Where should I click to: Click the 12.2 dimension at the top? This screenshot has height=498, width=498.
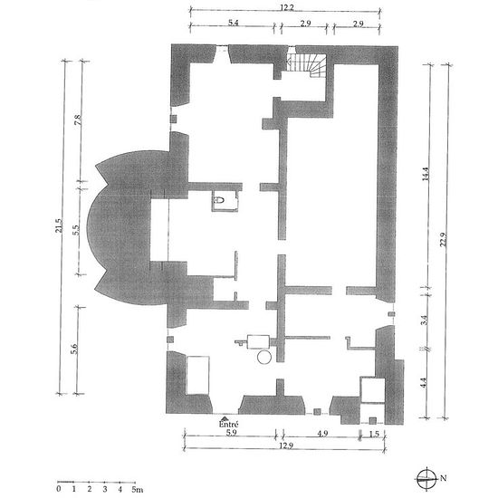[286, 7]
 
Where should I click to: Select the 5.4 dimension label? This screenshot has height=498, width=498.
[234, 23]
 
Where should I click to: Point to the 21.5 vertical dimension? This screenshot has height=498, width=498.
[59, 225]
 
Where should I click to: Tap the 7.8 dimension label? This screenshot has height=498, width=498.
[78, 120]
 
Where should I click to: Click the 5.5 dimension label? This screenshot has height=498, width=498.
[75, 230]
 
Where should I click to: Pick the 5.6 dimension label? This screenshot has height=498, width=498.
[73, 349]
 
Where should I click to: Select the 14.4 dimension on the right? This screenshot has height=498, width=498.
[426, 174]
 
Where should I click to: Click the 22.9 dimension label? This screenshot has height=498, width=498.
[444, 240]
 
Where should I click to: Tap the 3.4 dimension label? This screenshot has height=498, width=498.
[424, 320]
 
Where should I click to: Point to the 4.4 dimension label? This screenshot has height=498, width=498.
[423, 382]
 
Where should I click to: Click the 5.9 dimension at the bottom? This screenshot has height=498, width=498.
[231, 433]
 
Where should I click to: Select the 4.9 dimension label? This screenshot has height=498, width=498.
[322, 433]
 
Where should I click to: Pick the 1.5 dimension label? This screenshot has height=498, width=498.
[375, 434]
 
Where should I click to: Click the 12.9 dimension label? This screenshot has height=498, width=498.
[286, 445]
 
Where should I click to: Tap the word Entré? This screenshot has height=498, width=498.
[228, 424]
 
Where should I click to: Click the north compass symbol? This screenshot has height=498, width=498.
[426, 478]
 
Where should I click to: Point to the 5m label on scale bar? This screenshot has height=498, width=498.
[137, 489]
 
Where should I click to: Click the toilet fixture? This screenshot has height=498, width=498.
[219, 200]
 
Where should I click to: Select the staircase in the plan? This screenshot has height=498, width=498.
[306, 66]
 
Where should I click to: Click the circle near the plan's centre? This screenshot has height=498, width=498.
[264, 358]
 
